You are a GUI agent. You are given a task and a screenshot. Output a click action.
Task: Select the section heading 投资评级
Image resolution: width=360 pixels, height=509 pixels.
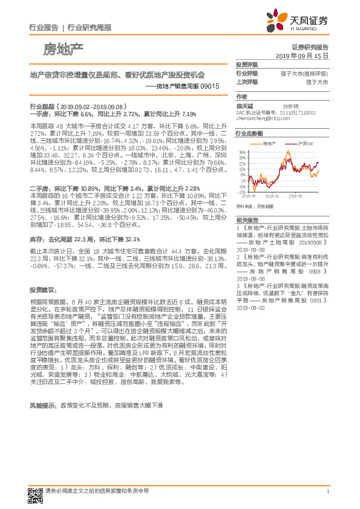247,64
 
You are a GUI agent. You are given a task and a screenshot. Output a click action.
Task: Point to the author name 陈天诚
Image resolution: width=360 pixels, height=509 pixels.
245,105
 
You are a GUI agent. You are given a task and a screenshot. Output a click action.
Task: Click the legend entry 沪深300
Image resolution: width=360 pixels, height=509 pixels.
308,144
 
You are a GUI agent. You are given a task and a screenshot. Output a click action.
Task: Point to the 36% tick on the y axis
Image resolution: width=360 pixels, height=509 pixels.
242,152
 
